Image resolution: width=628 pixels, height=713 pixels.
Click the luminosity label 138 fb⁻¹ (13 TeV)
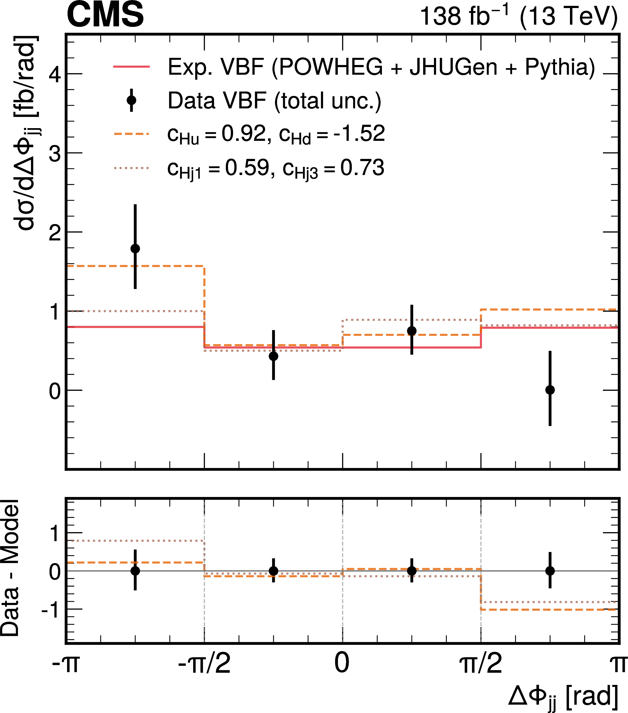point(518,16)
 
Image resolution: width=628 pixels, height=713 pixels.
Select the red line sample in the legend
point(131,66)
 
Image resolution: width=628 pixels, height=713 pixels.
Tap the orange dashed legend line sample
point(131,134)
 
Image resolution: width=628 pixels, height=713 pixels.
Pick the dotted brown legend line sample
point(131,168)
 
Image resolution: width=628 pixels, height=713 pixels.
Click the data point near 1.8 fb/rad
point(135,248)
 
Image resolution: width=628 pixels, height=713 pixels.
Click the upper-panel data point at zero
point(550,390)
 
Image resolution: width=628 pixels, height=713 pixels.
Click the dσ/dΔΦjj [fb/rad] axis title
point(26,133)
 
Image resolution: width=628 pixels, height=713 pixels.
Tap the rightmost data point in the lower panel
point(550,571)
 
